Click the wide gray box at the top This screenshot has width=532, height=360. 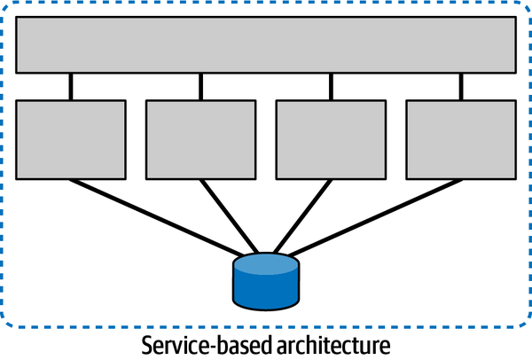click(266, 43)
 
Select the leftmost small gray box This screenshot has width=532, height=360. click(71, 138)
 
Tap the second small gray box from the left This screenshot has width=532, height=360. click(200, 138)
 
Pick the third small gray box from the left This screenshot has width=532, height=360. click(331, 138)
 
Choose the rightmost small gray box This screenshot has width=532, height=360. click(460, 138)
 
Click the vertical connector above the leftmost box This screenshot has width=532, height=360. click(71, 86)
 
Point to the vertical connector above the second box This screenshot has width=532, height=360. click(200, 86)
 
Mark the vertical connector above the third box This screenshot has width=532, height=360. click(331, 86)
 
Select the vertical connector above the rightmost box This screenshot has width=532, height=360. click(460, 86)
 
